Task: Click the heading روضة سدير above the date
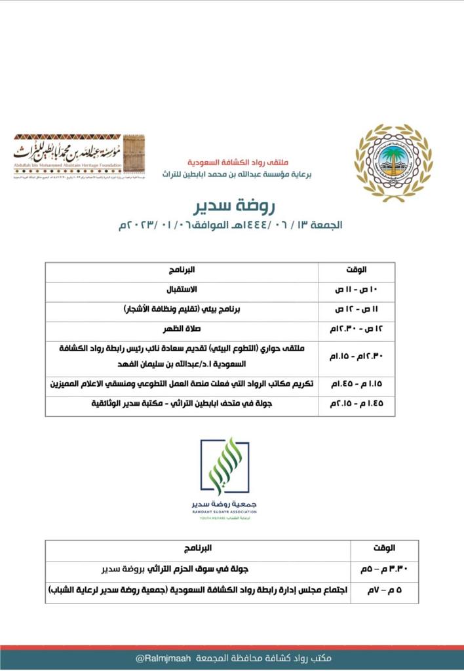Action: (231, 206)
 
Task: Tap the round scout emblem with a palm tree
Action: (393, 162)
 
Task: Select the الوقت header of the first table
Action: (357, 270)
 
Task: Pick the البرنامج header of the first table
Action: (182, 270)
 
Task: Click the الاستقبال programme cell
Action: (182, 289)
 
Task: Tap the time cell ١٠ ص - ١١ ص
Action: (357, 289)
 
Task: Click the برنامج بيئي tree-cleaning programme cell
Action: (182, 308)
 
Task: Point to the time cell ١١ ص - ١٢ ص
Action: (357, 308)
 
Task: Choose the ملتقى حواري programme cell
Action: (182, 356)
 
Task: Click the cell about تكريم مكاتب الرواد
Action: (182, 384)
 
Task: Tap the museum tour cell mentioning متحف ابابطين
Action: (182, 404)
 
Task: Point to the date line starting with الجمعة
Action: (231, 225)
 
